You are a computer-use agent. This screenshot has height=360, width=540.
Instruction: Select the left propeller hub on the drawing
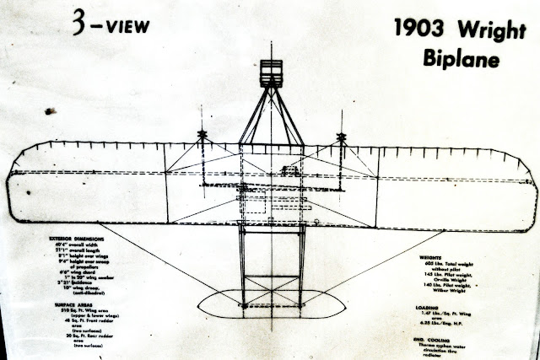click(x=202, y=136)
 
